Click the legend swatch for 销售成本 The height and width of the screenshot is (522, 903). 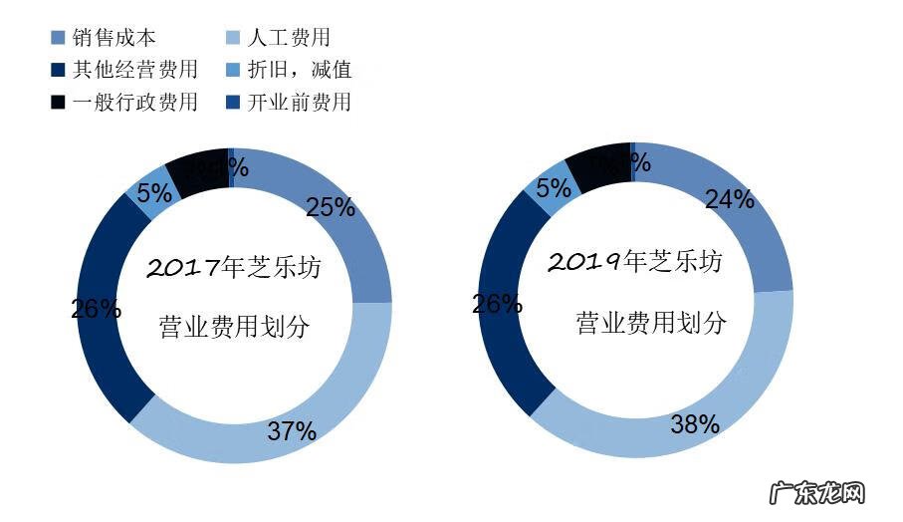point(58,39)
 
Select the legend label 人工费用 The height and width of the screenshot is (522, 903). point(290,39)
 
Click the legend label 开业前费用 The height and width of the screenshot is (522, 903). point(302,102)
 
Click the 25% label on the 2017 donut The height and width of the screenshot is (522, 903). point(331,207)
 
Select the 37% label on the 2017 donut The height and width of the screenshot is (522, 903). point(292,431)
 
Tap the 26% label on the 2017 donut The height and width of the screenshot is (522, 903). point(96,309)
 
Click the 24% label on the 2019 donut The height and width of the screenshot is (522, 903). point(729,199)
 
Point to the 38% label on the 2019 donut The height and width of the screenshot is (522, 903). point(694,424)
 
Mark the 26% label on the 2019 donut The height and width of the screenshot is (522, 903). point(497,304)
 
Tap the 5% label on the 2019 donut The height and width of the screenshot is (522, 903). point(554,186)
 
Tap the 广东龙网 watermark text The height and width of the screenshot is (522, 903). point(818,494)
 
